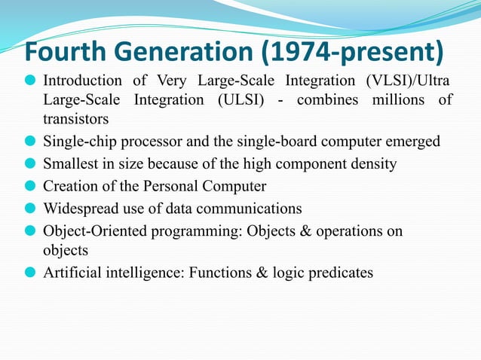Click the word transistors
point(76,119)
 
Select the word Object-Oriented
point(93,230)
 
